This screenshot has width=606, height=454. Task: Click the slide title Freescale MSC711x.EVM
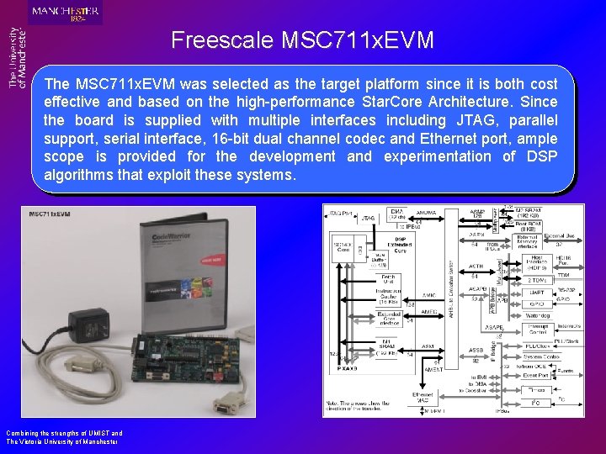click(302, 40)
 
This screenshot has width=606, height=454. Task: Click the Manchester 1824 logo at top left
click(65, 12)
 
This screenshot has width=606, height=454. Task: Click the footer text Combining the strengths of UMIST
click(64, 434)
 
